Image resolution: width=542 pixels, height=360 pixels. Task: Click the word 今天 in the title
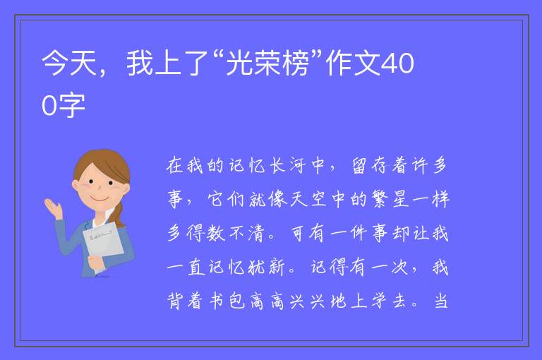69,64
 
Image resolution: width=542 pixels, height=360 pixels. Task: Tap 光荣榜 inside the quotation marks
267,64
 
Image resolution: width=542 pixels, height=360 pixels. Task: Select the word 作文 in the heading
354,64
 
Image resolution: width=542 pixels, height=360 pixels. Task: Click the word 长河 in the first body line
288,165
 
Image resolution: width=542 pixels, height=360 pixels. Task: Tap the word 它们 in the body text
226,200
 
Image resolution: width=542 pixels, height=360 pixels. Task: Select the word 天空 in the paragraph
308,200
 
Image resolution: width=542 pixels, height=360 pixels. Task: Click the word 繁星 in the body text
390,200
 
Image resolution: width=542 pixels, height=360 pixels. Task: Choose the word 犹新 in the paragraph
267,268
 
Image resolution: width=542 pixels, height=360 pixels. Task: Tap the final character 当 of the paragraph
441,301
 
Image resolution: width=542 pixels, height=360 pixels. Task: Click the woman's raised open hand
53,208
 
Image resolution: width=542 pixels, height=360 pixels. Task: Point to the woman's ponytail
119,215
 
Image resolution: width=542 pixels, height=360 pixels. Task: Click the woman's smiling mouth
100,199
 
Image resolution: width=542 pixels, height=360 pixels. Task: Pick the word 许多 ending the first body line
430,165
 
